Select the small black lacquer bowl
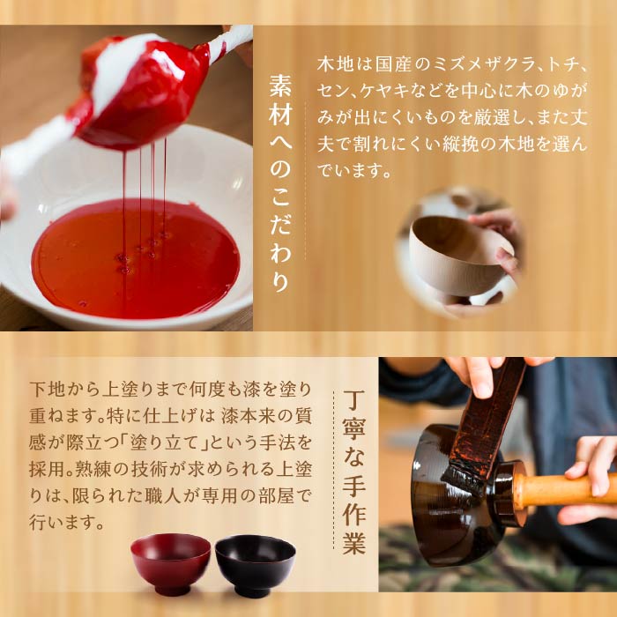click(x=255, y=563)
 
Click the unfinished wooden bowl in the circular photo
click(x=459, y=256)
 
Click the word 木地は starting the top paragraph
click(x=337, y=65)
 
